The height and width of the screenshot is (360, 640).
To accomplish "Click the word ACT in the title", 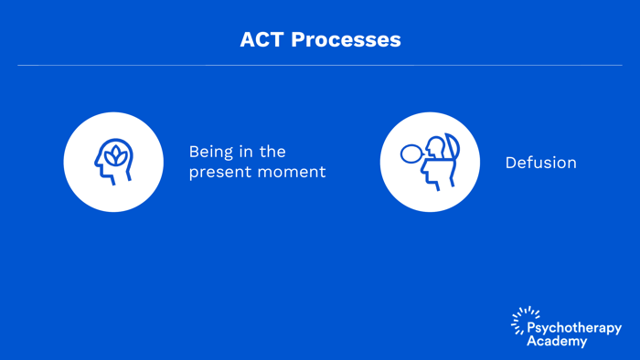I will tap(261, 40).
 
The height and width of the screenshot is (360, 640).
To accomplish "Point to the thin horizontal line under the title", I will tap(320, 65).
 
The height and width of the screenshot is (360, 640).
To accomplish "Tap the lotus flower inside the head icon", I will tap(115, 156).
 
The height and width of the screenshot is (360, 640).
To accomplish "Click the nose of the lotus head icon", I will tap(98, 164).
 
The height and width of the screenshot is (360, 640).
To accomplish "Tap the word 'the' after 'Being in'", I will tap(272, 152).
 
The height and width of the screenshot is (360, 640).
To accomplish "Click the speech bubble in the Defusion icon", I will tap(411, 154).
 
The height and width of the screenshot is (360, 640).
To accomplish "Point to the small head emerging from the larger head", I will tap(436, 149).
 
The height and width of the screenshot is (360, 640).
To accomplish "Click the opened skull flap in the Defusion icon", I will tap(452, 148).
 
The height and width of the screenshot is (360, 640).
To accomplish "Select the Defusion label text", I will tap(540, 163).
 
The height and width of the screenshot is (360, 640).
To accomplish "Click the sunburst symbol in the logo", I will tap(524, 319).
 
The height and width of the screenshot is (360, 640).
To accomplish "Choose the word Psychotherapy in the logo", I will tap(574, 328).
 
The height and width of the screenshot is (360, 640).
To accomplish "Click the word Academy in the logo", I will tap(557, 341).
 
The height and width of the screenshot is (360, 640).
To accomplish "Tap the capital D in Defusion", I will tap(510, 163).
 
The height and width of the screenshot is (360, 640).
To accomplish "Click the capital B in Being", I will tap(194, 152).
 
